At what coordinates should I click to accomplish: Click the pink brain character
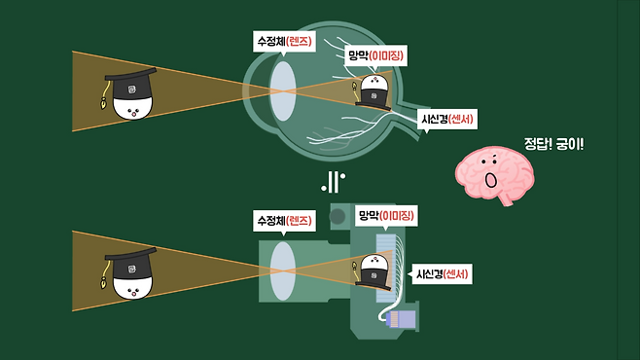coord(495,175)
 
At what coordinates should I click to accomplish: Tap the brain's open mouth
coord(490,180)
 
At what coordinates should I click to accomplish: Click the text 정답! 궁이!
coord(553,144)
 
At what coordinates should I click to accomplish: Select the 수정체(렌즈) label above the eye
coord(284,42)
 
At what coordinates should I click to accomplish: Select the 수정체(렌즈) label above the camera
coord(284,221)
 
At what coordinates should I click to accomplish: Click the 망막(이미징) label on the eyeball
coord(375,55)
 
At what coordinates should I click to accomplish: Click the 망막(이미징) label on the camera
coord(386,215)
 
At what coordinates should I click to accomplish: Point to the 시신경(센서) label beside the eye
coord(447,119)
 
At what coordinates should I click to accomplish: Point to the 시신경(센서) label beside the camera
coord(442,273)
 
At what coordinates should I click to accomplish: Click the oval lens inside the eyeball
coord(283,91)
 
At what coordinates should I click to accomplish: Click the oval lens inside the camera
coord(283,271)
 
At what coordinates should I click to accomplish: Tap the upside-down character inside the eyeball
coord(373,92)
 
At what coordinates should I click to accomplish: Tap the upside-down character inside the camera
coord(373,272)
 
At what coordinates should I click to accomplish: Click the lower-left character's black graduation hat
coord(131,265)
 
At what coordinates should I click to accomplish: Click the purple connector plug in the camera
coord(402,319)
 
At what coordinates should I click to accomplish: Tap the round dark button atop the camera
coord(338,216)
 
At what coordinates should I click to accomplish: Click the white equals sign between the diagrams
coord(333,182)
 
